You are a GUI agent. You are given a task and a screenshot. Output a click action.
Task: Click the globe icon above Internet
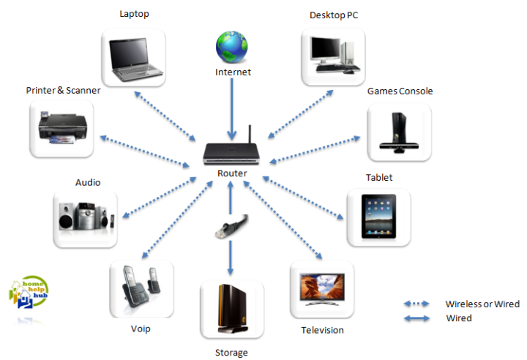click(x=232, y=48)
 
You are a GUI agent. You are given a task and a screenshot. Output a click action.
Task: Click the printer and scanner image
click(x=63, y=130)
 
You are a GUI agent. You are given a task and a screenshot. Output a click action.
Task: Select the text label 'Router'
click(x=232, y=173)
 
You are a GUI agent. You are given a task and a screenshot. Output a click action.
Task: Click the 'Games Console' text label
click(x=400, y=91)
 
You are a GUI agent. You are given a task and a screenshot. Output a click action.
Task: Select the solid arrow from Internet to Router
click(x=232, y=110)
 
